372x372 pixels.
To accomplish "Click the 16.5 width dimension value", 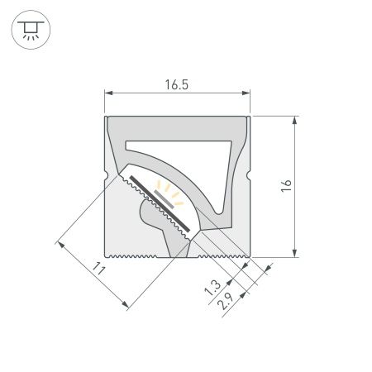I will pos(177,83).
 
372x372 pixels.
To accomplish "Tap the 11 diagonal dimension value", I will pos(99,269).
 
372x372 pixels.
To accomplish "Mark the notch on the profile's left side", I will pos(107,174).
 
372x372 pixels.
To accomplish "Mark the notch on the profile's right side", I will pos(248,174).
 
